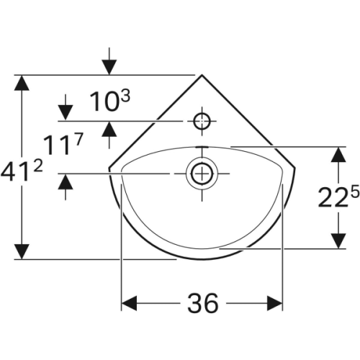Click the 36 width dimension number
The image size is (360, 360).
[203, 303]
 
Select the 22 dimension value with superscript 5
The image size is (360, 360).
[338, 197]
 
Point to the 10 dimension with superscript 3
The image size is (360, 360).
[110, 102]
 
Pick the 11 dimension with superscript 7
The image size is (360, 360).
[63, 144]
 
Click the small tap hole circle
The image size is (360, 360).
[202, 121]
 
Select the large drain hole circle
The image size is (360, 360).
[202, 174]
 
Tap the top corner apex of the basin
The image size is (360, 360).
[202, 75]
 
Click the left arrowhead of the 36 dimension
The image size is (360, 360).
[129, 303]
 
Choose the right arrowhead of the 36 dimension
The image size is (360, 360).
[275, 303]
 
